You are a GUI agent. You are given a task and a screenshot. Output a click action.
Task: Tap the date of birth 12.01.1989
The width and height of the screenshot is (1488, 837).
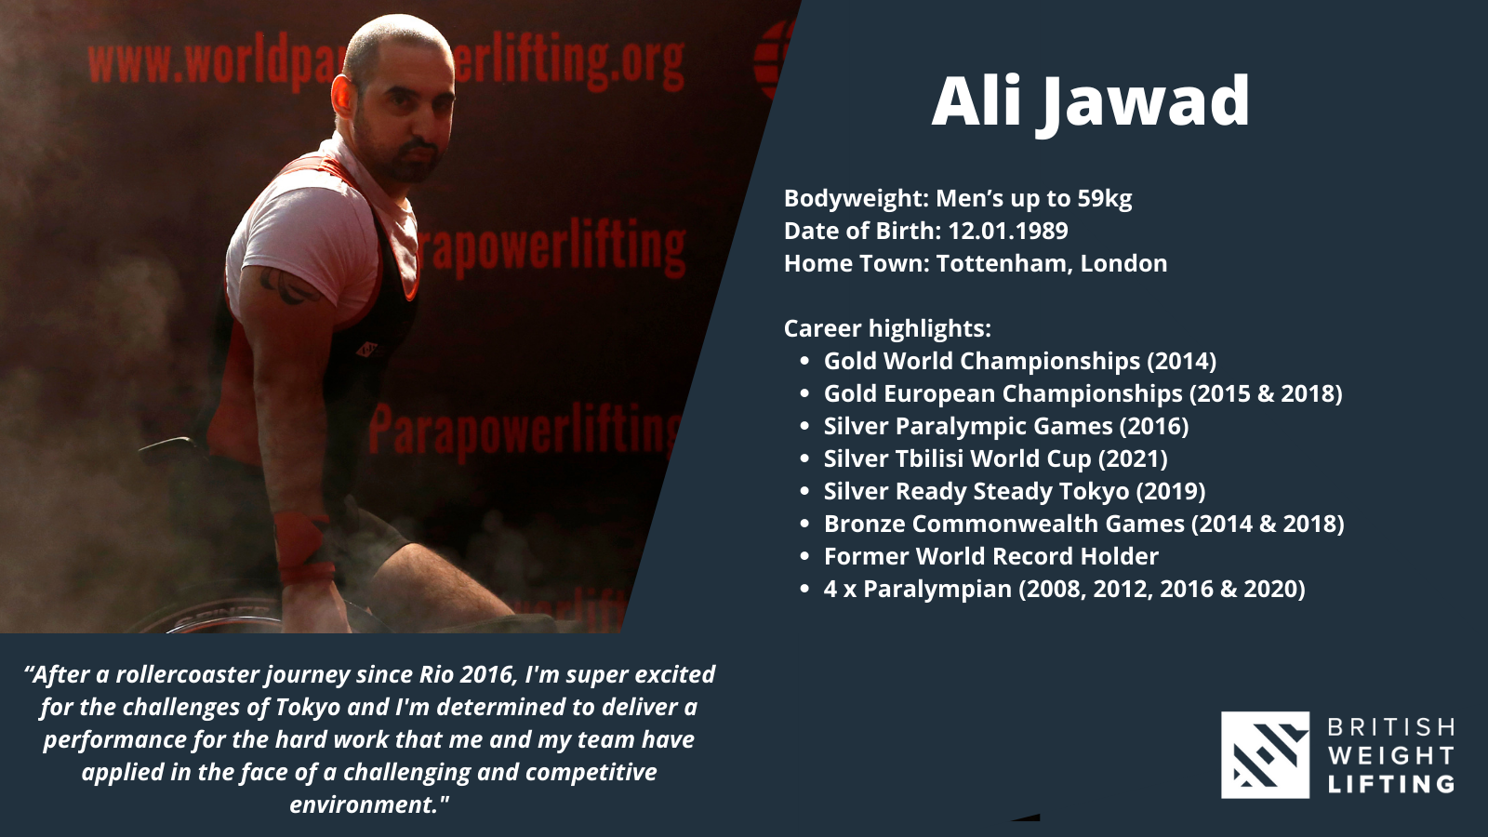pyautogui.click(x=1008, y=231)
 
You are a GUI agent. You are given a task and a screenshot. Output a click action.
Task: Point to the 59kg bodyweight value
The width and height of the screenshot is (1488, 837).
pyautogui.click(x=1105, y=198)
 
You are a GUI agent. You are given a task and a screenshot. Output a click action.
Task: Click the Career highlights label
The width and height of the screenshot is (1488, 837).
pyautogui.click(x=887, y=328)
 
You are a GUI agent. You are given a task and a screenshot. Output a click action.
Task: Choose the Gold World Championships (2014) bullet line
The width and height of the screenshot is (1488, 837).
pyautogui.click(x=1020, y=361)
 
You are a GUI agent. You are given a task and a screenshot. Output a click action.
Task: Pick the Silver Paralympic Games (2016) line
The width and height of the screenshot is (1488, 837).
pyautogui.click(x=1006, y=426)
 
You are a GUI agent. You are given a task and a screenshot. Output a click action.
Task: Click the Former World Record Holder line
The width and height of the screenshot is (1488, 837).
pyautogui.click(x=991, y=556)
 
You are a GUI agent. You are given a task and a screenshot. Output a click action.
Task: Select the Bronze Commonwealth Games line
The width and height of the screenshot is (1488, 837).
pyautogui.click(x=1084, y=524)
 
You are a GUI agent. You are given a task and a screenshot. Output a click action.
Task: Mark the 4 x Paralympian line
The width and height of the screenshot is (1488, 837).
pyautogui.click(x=1064, y=589)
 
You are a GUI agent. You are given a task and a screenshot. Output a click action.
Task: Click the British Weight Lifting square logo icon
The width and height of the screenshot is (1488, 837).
pyautogui.click(x=1266, y=754)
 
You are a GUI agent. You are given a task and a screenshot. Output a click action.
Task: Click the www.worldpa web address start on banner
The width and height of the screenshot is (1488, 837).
pyautogui.click(x=209, y=63)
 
